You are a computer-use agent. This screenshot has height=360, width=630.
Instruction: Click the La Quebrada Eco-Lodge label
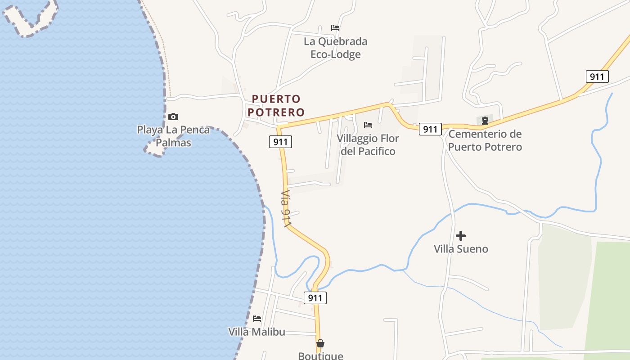335,48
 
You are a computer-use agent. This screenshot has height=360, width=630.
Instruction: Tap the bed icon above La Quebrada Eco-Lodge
335,28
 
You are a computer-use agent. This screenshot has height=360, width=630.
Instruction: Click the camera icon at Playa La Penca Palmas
173,117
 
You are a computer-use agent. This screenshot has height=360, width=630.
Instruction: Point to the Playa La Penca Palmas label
173,136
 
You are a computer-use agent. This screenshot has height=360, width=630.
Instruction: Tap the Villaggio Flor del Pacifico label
368,144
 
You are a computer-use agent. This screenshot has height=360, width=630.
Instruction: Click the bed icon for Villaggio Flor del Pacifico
368,125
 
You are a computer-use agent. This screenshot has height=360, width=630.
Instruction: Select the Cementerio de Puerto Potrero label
485,140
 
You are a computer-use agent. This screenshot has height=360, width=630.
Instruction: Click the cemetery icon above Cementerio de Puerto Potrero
485,120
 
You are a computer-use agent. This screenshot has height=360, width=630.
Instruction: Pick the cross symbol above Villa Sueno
461,235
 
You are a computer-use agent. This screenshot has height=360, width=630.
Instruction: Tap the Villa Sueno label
461,249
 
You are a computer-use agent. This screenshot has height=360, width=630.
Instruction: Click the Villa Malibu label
256,332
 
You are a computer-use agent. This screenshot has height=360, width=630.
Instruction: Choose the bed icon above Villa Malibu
257,319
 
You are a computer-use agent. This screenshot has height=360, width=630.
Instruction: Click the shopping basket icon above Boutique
320,343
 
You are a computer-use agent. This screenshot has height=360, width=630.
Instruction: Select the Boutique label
320,355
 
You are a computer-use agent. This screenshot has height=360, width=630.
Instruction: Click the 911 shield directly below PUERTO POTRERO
281,142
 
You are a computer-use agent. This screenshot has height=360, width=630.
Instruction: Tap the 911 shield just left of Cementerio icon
430,129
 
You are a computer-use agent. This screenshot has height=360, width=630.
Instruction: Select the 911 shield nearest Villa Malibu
315,297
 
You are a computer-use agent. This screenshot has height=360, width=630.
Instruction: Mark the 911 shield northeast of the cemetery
597,76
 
